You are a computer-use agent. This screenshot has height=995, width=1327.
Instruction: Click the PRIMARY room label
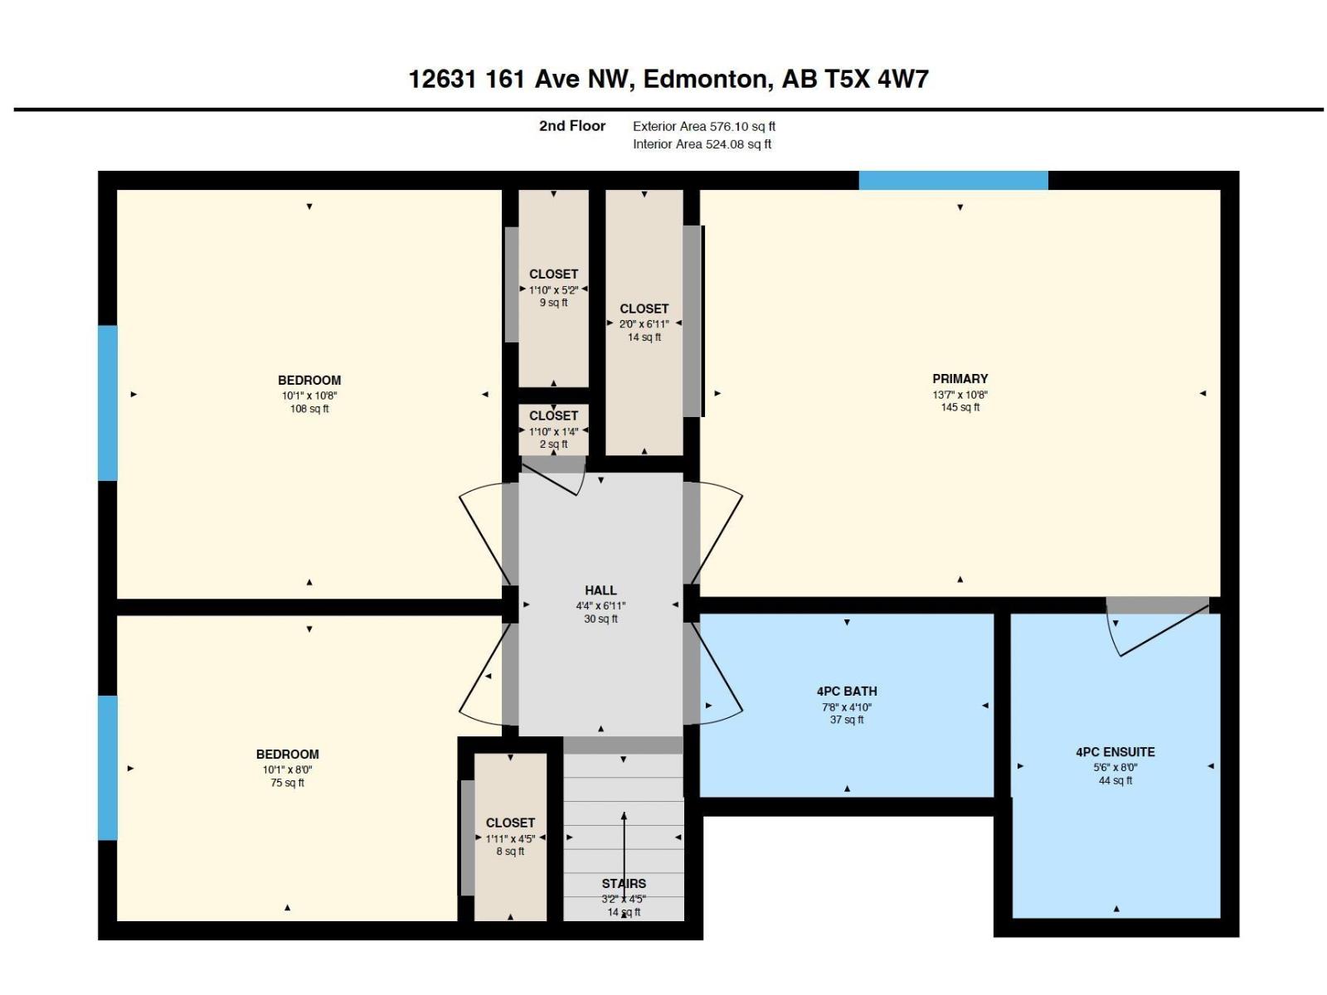pyautogui.click(x=960, y=379)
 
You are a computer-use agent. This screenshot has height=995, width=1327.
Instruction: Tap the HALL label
pyautogui.click(x=600, y=590)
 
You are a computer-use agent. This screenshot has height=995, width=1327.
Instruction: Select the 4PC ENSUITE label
pyautogui.click(x=1115, y=752)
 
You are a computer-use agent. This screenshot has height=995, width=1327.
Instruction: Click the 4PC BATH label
pyautogui.click(x=847, y=692)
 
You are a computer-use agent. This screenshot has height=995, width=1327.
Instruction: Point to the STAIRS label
pyautogui.click(x=624, y=883)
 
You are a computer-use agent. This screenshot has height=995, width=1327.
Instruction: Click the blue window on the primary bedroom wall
pyautogui.click(x=954, y=181)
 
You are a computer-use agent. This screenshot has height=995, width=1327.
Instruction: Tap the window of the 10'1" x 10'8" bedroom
pyautogui.click(x=108, y=403)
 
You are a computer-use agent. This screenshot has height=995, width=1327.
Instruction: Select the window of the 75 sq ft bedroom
pyautogui.click(x=108, y=767)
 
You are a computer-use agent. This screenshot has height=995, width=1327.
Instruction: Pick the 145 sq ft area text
pyautogui.click(x=960, y=408)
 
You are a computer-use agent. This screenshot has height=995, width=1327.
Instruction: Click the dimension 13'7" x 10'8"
pyautogui.click(x=960, y=396)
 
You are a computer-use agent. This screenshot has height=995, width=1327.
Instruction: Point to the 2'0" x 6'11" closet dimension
pyautogui.click(x=644, y=324)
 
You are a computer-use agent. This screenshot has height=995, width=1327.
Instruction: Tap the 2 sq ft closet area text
pyautogui.click(x=553, y=444)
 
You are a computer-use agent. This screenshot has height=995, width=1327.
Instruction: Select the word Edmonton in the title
pyautogui.click(x=707, y=79)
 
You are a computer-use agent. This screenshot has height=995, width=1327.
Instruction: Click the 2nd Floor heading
pyautogui.click(x=572, y=126)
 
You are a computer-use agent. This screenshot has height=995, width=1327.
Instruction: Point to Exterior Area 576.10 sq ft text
pyautogui.click(x=703, y=126)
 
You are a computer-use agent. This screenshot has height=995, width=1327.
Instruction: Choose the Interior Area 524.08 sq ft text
pyautogui.click(x=702, y=143)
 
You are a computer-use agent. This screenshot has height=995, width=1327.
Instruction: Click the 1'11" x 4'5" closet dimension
pyautogui.click(x=510, y=838)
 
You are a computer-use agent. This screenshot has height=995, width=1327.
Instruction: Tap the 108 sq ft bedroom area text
pyautogui.click(x=309, y=409)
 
